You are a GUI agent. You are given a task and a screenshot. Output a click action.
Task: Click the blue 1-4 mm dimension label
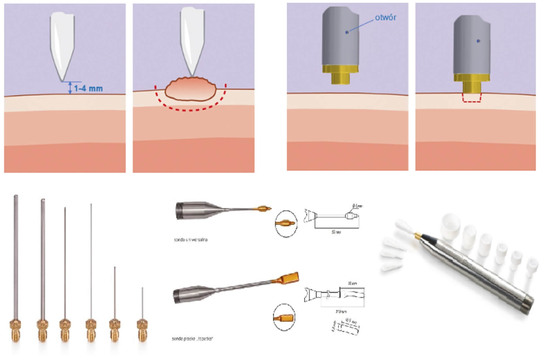pyautogui.click(x=88, y=89)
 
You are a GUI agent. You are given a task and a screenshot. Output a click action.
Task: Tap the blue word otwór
pyautogui.click(x=385, y=17)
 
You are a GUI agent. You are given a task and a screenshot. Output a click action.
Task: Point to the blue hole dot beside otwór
pyautogui.click(x=347, y=33)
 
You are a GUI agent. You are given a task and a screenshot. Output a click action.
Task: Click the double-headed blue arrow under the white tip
pyautogui.click(x=70, y=88)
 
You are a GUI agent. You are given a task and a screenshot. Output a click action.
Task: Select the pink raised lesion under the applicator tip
pyautogui.click(x=190, y=89)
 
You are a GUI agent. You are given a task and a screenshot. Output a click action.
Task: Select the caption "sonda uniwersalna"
pyautogui.click(x=191, y=240)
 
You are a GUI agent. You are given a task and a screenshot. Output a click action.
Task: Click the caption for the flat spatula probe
pyautogui.click(x=192, y=339)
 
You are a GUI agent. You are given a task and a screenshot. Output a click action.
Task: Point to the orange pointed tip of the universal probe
pyautogui.click(x=265, y=209)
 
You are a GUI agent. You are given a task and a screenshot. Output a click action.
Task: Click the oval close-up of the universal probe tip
pyautogui.click(x=286, y=224)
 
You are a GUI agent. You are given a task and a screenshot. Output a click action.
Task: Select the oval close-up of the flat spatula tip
pyautogui.click(x=284, y=318)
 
